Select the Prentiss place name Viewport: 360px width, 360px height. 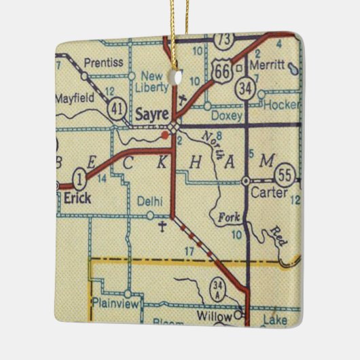[104, 62]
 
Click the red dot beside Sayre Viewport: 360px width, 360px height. [165, 136]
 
